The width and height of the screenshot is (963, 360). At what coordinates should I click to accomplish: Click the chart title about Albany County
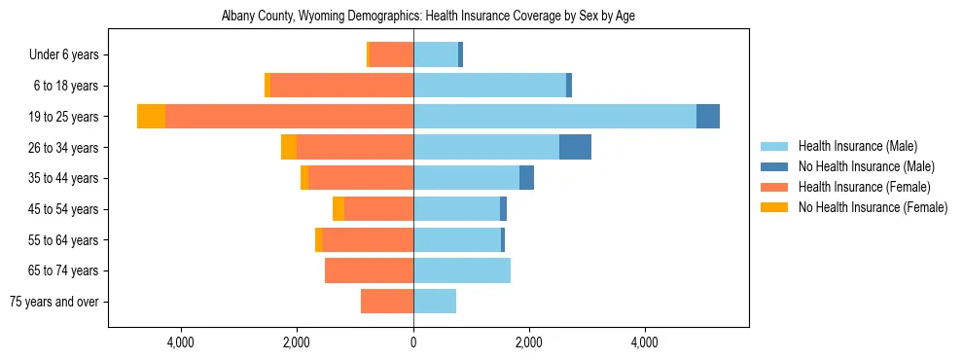[428, 17]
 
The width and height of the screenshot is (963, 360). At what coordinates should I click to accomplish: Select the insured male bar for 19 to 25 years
[554, 116]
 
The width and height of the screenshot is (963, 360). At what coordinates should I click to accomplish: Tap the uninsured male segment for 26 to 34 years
[575, 147]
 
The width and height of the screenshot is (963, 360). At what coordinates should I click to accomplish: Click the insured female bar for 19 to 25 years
[289, 116]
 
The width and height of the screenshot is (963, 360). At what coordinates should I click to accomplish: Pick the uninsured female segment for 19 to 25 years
[151, 116]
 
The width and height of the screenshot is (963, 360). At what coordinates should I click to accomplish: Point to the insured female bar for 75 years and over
[387, 302]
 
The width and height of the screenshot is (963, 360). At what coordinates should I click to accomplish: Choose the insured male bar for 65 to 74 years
[462, 270]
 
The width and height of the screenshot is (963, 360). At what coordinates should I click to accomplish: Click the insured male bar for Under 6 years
[436, 54]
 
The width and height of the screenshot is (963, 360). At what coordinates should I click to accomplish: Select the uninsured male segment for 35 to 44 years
[526, 178]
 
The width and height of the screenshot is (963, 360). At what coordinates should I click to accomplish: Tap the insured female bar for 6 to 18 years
[341, 86]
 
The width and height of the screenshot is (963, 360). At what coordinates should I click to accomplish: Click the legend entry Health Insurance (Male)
[857, 146]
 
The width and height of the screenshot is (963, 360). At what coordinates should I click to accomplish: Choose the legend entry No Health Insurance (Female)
[872, 207]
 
